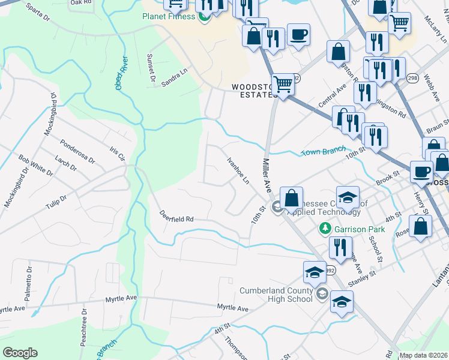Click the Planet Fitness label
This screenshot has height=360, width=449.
(169, 16)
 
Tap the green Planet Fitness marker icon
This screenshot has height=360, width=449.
(203, 17)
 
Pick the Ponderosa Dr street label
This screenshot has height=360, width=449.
(77, 151)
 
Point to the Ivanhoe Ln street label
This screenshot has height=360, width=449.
(238, 170)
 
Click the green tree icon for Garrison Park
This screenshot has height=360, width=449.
(325, 228)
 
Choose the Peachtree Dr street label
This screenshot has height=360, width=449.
(83, 328)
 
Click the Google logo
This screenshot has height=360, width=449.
(20, 353)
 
